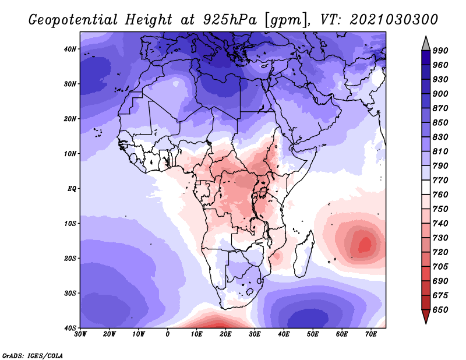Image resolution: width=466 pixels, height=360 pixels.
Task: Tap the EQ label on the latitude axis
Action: pyautogui.click(x=72, y=189)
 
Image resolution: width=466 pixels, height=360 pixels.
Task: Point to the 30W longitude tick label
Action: pyautogui.click(x=80, y=334)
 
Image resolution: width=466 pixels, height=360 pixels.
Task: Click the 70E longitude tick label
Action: pyautogui.click(x=371, y=334)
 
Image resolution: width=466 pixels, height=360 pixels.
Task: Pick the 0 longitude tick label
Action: pyautogui.click(x=168, y=334)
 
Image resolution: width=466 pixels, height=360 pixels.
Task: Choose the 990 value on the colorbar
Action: pyautogui.click(x=440, y=51)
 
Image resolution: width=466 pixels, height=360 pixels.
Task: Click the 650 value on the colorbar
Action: pyautogui.click(x=440, y=310)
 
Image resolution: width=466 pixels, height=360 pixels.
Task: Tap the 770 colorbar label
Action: pyautogui.click(x=440, y=180)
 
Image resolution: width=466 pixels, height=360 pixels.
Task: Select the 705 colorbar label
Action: pyautogui.click(x=440, y=267)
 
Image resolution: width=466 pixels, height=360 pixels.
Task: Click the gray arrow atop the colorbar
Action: pyautogui.click(x=426, y=44)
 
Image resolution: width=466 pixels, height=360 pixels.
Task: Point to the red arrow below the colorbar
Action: pyautogui.click(x=426, y=316)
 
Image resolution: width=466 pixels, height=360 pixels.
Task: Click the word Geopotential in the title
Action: pyautogui.click(x=73, y=20)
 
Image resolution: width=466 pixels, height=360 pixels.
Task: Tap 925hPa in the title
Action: pyautogui.click(x=230, y=20)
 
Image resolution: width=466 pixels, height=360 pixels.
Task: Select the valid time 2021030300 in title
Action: pyautogui.click(x=394, y=20)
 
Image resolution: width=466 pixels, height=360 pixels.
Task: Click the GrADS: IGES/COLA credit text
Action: pyautogui.click(x=33, y=356)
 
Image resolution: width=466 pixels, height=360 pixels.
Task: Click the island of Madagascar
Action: pyautogui.click(x=303, y=253)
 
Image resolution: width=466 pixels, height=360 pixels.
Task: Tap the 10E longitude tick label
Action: pyautogui.click(x=197, y=334)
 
